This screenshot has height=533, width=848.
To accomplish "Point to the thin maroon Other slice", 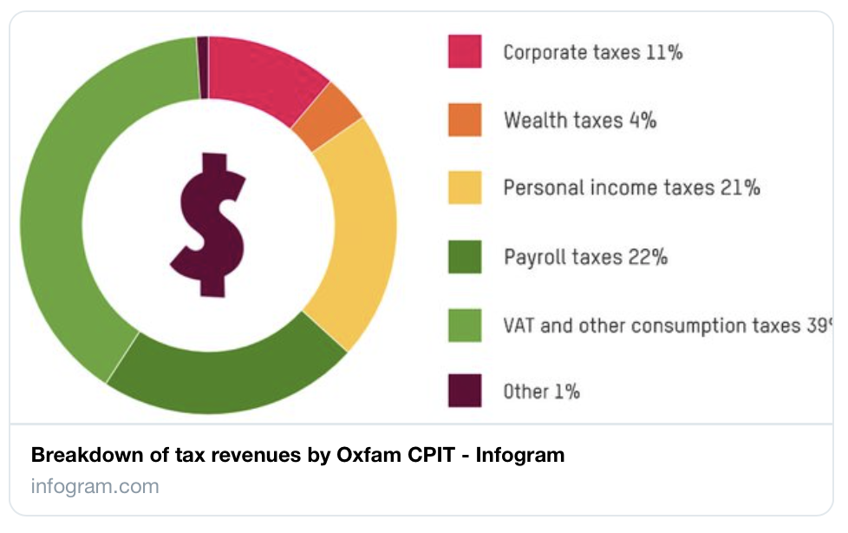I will (203, 66).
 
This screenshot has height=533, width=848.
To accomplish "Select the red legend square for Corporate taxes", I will (465, 51).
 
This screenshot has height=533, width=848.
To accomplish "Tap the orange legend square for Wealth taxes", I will (465, 120).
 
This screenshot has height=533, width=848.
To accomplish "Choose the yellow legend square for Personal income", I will (465, 188).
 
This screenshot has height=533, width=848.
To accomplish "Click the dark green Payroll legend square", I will (465, 256).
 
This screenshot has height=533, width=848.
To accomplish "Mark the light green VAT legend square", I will (465, 325).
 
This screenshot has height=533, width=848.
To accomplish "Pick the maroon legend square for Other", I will (465, 392).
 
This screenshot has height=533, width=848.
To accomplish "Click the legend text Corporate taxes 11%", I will (593, 52).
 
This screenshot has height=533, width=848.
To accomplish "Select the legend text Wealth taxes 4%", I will (579, 120).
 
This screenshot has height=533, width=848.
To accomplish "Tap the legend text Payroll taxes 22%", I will (585, 257).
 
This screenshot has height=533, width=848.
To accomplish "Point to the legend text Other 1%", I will (541, 392).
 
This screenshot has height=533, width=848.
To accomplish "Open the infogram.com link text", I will (95, 485).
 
